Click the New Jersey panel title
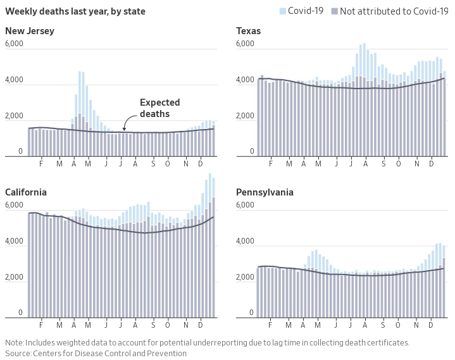pos(30,31)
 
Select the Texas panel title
pos(248,31)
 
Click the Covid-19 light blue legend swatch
pos(283,11)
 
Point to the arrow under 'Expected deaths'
pos(128,120)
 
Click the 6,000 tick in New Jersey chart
pos(14,44)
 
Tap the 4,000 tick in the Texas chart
pos(245,80)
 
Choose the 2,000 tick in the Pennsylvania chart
pos(245,277)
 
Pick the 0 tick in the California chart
pos(20,313)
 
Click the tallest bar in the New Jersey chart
pos(80,114)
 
